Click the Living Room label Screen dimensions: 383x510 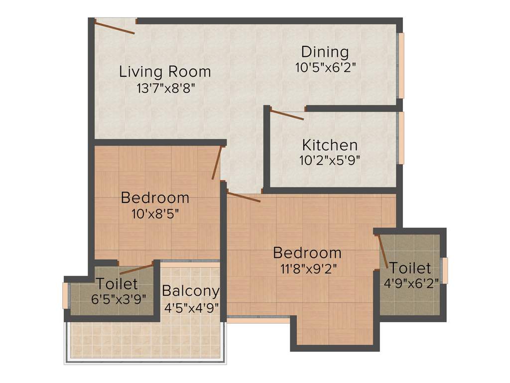[x=165, y=72]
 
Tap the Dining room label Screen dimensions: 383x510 [x=325, y=52]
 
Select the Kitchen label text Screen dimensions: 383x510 [x=330, y=145]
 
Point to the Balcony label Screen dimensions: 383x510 [x=191, y=291]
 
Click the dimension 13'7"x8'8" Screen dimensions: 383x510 [x=165, y=88]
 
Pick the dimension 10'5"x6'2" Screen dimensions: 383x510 [x=325, y=67]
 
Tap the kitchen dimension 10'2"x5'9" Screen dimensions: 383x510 [x=330, y=160]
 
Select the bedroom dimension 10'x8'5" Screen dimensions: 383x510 [x=155, y=214]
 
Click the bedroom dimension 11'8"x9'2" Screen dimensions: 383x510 [x=307, y=269]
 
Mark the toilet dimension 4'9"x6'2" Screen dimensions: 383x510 [x=411, y=283]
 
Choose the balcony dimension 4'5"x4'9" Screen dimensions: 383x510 [x=191, y=306]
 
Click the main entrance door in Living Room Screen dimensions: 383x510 [x=115, y=27]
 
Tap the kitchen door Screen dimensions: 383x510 [x=287, y=115]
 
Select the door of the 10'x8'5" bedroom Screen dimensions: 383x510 [x=216, y=163]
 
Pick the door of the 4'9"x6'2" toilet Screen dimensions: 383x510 [x=383, y=252]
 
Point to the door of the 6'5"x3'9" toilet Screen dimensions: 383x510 [x=136, y=269]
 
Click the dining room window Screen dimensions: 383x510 [x=400, y=65]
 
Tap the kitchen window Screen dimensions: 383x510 [x=400, y=138]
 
